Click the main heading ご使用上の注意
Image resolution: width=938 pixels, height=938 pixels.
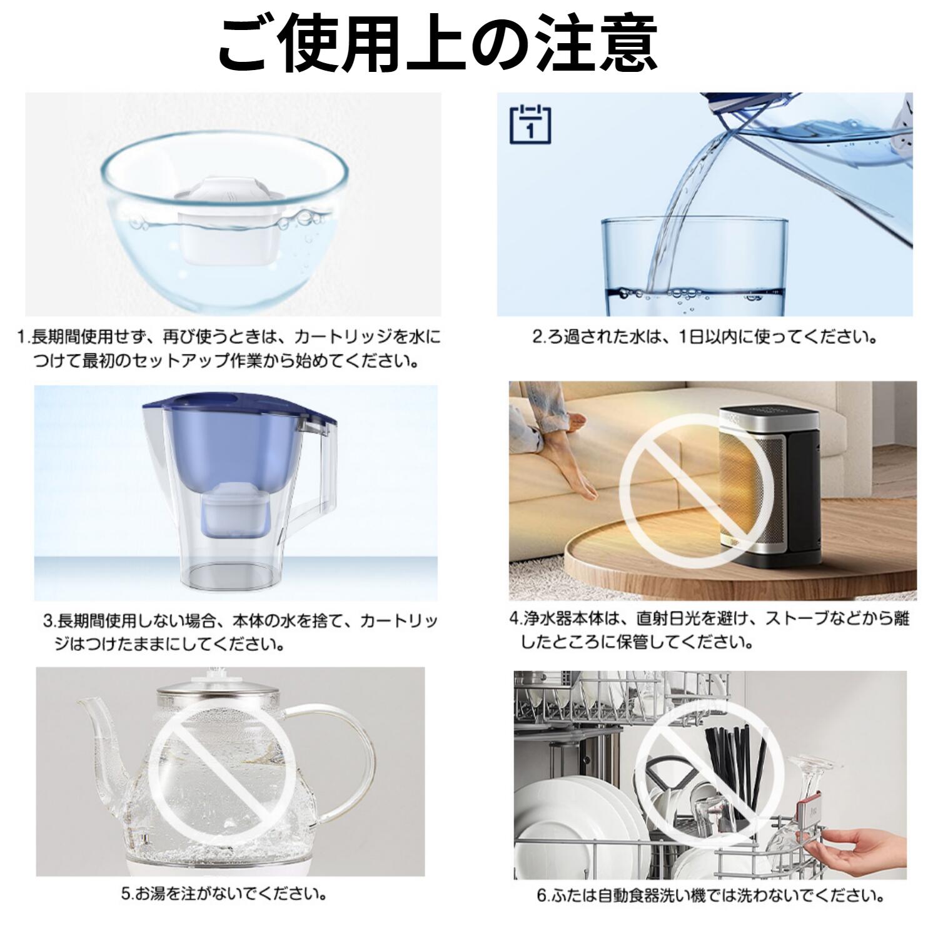(x=438, y=45)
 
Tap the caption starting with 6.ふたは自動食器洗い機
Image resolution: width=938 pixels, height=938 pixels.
(x=710, y=895)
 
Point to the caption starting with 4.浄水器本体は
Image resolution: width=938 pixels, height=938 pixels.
(x=710, y=630)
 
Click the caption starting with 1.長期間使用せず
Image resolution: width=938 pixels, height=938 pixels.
(x=228, y=349)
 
